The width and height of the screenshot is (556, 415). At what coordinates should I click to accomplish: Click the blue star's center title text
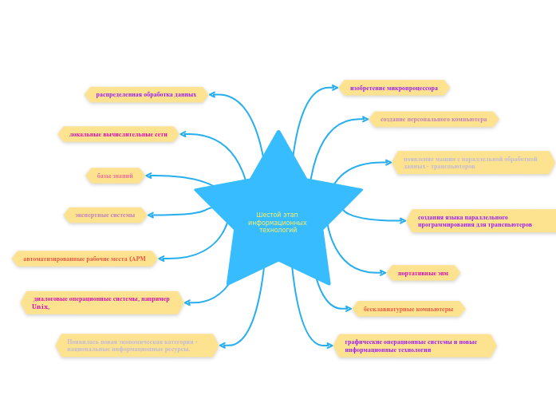tap(278, 222)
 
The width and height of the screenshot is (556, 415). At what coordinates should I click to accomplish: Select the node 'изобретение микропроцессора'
tap(394, 88)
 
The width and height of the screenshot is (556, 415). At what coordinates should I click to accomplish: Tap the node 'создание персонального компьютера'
tap(433, 119)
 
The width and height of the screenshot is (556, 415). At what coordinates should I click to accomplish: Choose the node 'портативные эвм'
tap(423, 273)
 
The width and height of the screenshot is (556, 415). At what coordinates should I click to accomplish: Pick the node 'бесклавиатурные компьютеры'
tap(408, 309)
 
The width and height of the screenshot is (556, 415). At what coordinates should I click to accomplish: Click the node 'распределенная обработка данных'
tap(146, 94)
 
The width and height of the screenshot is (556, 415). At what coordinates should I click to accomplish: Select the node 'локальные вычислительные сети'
tap(118, 134)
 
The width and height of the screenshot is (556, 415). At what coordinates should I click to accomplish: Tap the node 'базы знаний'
tap(115, 176)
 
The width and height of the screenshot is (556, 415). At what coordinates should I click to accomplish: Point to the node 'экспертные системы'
tap(104, 215)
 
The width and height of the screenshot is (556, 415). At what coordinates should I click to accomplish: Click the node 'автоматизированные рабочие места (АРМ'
tap(85, 259)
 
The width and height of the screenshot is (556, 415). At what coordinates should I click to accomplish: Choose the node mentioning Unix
tap(101, 302)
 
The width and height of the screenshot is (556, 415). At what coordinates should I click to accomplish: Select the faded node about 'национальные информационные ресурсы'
tap(136, 345)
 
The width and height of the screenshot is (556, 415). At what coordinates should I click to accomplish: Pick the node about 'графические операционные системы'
tap(414, 346)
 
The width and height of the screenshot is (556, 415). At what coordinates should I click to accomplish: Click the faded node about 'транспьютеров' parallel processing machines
tap(472, 163)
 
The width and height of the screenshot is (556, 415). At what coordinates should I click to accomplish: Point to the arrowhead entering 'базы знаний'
tap(149, 176)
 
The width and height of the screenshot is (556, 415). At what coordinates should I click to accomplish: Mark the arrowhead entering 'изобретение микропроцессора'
tap(335, 88)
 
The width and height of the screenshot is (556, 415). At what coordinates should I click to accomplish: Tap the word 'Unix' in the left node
tap(40, 306)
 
